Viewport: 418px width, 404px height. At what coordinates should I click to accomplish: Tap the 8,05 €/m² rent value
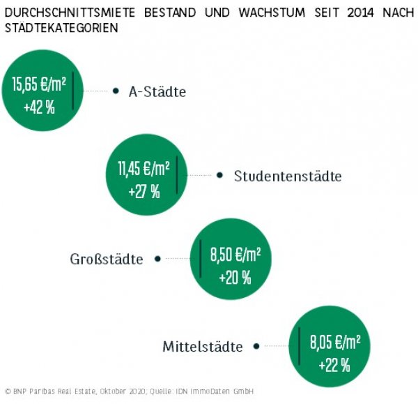[x=335, y=343]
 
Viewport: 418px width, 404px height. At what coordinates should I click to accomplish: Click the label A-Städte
[x=157, y=91]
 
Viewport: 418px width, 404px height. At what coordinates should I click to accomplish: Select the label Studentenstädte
[x=288, y=177]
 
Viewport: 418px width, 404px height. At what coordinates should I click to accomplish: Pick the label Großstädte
[x=107, y=260]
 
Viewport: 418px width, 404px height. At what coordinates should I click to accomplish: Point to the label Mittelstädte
[x=203, y=346]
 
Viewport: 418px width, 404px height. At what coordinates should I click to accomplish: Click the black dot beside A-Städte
[x=116, y=91]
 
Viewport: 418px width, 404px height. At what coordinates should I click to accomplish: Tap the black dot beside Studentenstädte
[x=220, y=176]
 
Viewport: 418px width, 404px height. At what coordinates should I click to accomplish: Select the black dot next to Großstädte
[x=157, y=259]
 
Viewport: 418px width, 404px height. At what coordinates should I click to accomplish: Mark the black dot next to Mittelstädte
[x=256, y=345]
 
